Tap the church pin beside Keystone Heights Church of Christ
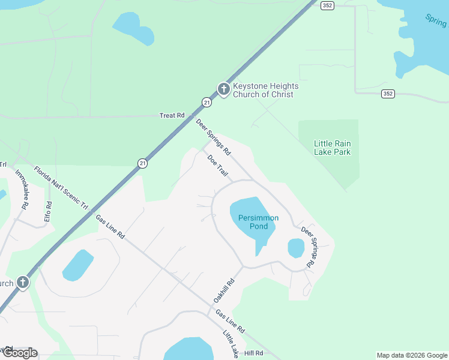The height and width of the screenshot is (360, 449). pyautogui.click(x=223, y=89)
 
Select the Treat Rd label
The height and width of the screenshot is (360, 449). pyautogui.click(x=172, y=115)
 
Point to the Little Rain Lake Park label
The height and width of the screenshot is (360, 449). pyautogui.click(x=332, y=148)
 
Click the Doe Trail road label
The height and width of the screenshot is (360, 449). pyautogui.click(x=218, y=166)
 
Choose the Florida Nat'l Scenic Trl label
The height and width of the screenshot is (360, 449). pyautogui.click(x=61, y=188)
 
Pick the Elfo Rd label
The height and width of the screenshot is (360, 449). pyautogui.click(x=48, y=212)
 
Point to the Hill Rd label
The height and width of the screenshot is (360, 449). pyautogui.click(x=254, y=353)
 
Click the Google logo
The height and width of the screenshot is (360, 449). pyautogui.click(x=19, y=353)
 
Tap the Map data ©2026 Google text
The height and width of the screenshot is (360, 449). pyautogui.click(x=412, y=355)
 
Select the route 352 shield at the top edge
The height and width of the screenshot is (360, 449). pyautogui.click(x=327, y=5)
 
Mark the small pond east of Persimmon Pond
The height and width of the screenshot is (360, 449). pyautogui.click(x=296, y=248)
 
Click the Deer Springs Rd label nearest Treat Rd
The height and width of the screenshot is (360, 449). pyautogui.click(x=213, y=137)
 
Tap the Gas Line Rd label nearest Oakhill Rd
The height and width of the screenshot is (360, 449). pyautogui.click(x=231, y=322)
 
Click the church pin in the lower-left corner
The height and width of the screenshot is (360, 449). pyautogui.click(x=23, y=282)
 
